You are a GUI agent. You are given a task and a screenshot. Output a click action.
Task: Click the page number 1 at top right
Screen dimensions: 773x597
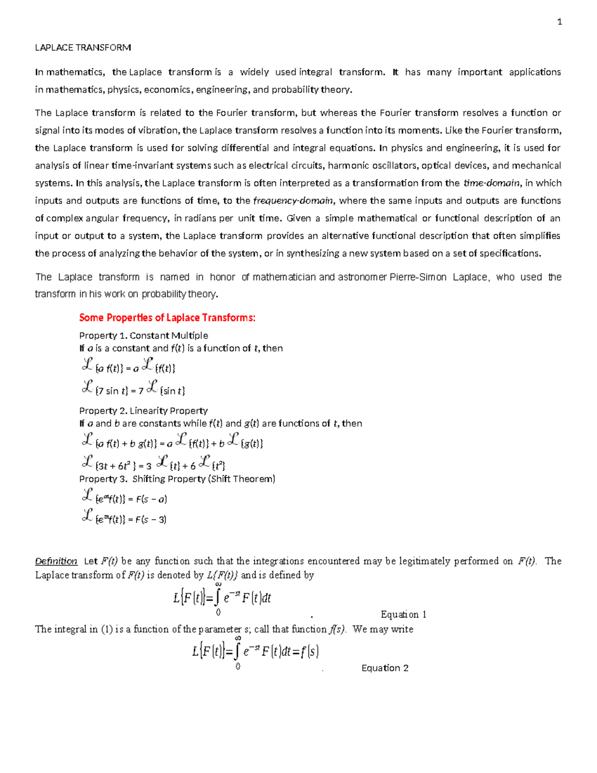(x=560, y=22)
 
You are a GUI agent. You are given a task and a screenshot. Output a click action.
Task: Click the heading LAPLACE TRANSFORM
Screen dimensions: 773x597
(x=83, y=48)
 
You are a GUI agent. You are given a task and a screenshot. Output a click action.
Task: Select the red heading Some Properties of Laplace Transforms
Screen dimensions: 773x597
(x=167, y=318)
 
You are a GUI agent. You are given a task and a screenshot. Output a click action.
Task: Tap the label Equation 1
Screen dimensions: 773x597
(x=403, y=614)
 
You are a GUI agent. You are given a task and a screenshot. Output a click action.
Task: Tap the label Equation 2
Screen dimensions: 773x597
(x=385, y=668)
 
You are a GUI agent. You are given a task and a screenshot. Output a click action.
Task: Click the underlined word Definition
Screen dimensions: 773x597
(x=56, y=561)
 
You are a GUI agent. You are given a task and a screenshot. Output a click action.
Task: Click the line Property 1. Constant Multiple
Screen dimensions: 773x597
(x=143, y=335)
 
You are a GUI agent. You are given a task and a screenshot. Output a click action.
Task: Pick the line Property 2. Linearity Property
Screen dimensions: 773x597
(x=143, y=411)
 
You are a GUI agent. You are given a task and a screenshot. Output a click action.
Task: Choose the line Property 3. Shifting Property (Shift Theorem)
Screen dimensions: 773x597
(x=177, y=479)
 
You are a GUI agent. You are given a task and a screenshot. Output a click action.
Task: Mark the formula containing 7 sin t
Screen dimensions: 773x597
(x=133, y=389)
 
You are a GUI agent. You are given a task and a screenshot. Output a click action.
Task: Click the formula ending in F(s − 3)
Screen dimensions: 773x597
(x=124, y=518)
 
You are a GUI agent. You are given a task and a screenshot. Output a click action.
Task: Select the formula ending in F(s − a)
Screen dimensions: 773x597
(x=124, y=498)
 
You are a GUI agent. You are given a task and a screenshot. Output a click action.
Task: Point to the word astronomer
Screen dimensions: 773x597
(x=362, y=277)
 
